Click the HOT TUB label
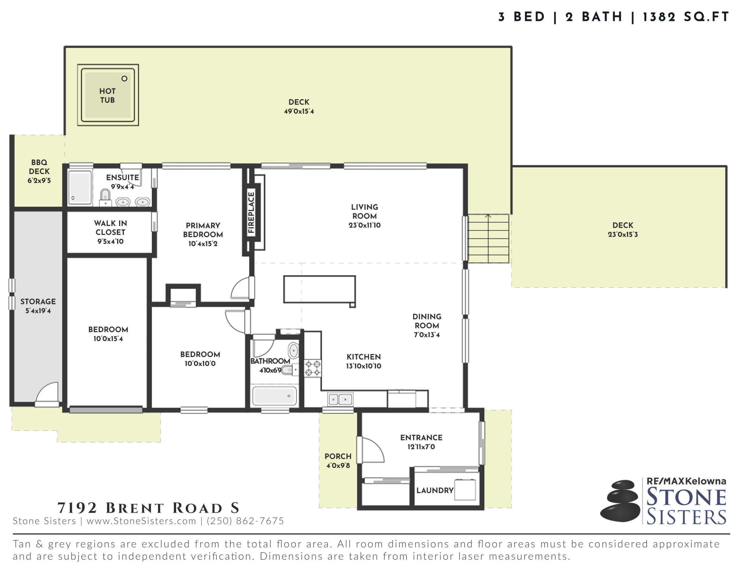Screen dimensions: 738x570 tap(108, 96)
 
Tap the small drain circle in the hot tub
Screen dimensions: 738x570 tap(124, 79)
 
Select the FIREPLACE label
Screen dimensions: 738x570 tap(251, 212)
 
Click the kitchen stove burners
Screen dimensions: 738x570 tap(312, 368)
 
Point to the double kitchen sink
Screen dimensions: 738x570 tap(340, 399)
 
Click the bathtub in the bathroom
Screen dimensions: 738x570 tap(274, 396)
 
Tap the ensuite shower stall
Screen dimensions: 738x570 tap(80, 188)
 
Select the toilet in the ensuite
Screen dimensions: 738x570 tap(106, 198)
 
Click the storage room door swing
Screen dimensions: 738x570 tap(47, 394)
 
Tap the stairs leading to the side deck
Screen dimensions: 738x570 tap(488, 239)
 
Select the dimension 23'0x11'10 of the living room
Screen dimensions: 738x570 tap(365, 225)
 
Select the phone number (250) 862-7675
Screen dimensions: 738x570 tap(246, 521)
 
